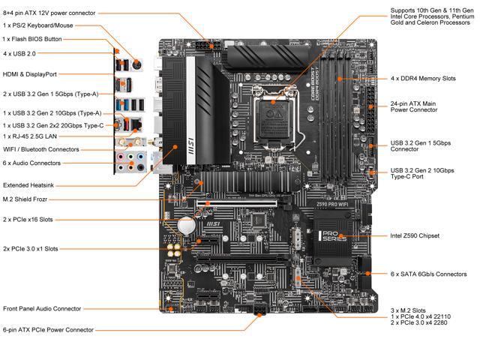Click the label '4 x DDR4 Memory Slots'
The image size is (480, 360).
pos(423,79)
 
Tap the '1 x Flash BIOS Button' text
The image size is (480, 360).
pos(32,39)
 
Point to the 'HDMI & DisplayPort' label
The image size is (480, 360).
pos(31,74)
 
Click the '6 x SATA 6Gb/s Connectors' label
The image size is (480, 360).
pos(428,274)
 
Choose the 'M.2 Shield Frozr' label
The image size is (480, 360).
pos(28,199)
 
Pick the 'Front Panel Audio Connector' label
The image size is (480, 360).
pos(42,308)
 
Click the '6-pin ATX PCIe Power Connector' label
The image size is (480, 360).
pos(48,329)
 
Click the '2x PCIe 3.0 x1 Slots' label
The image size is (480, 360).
pos(31,248)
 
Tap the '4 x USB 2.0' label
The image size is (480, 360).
pos(19,53)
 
